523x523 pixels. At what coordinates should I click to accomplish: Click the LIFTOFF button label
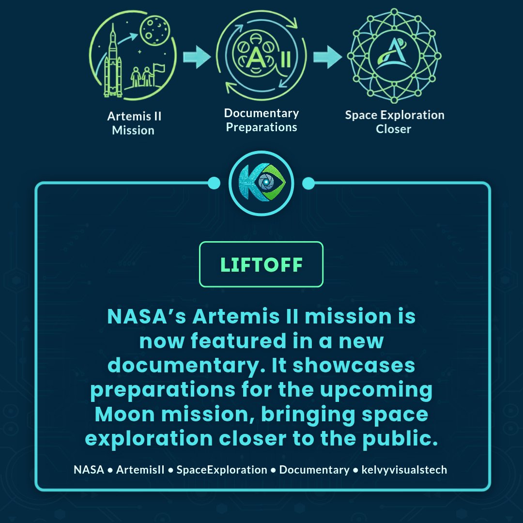point(261,264)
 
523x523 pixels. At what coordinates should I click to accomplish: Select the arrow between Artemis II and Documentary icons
point(197,57)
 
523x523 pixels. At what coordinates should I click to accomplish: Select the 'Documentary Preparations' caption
point(261,120)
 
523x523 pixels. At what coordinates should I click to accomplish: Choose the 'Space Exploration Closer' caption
point(394,122)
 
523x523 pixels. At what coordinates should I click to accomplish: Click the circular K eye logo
point(261,184)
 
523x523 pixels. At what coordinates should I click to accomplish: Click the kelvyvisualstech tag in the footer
point(404,470)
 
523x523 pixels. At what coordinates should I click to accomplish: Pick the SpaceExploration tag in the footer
point(222,470)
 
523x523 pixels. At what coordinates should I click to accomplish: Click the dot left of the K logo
point(214,184)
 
